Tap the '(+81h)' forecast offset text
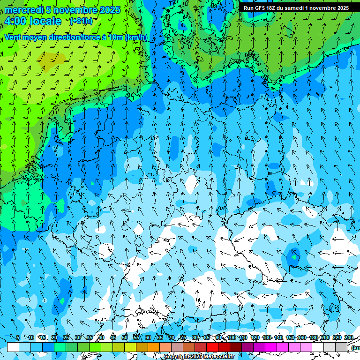pos(81,21)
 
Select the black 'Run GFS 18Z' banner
pos(296,8)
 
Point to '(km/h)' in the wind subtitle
pos(136,37)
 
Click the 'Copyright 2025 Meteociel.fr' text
pos(199,357)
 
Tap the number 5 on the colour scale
pos(18,337)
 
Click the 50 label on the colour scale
pos(124,337)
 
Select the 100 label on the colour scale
pos(232,337)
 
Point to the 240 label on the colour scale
pos(349,337)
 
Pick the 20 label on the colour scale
pos(54,337)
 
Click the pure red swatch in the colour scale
pos(212,347)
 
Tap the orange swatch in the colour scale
pos(154,347)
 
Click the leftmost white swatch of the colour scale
pos(13,347)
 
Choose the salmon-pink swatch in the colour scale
pos(165,347)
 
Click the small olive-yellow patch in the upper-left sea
pos(52,59)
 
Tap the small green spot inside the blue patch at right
pos(294,256)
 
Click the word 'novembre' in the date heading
pos(74,10)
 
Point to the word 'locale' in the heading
pos(45,21)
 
